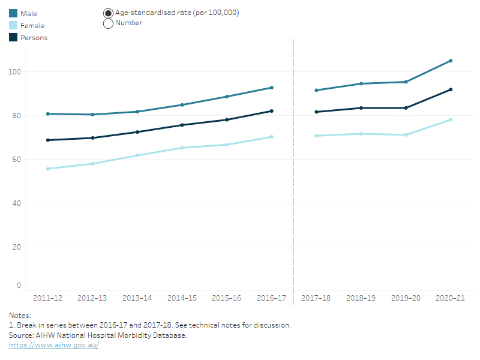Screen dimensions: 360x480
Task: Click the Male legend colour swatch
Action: pyautogui.click(x=13, y=13)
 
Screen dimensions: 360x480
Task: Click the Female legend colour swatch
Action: pyautogui.click(x=13, y=26)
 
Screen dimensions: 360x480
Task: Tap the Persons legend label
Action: pyautogui.click(x=34, y=38)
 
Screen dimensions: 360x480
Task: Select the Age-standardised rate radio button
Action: pyautogui.click(x=109, y=13)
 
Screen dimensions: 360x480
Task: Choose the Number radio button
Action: pyautogui.click(x=109, y=23)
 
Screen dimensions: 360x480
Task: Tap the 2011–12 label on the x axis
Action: pyautogui.click(x=47, y=298)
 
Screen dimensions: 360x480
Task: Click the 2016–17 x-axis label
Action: pyautogui.click(x=271, y=298)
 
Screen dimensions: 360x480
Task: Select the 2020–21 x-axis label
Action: pyautogui.click(x=450, y=298)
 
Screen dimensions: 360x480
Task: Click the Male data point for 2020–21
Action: pyautogui.click(x=451, y=61)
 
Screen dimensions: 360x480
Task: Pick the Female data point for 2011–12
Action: pyautogui.click(x=48, y=169)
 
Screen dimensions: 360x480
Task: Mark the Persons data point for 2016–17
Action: pyautogui.click(x=272, y=111)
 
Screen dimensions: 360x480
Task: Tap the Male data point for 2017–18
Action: pyautogui.click(x=316, y=91)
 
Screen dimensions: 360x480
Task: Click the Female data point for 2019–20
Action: pyautogui.click(x=406, y=135)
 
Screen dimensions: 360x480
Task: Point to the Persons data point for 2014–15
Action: pyautogui.click(x=182, y=125)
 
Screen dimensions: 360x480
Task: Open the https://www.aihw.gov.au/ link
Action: pyautogui.click(x=53, y=345)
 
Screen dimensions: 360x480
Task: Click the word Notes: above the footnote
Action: pyautogui.click(x=20, y=315)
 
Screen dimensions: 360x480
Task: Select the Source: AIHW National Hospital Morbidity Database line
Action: pyautogui.click(x=98, y=335)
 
